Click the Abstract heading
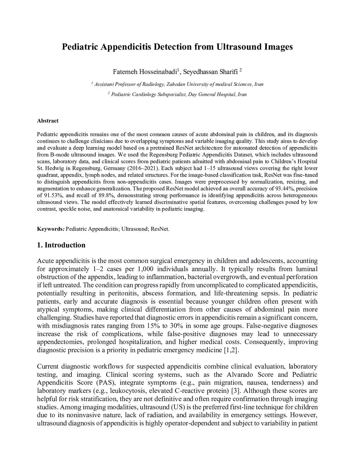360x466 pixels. point(48,121)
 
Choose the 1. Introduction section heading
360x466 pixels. point(61,245)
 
